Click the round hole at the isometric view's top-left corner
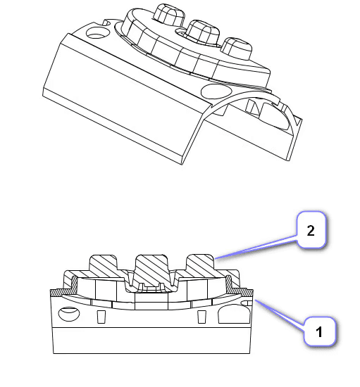pyautogui.click(x=94, y=32)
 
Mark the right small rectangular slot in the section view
pyautogui.click(x=201, y=317)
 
